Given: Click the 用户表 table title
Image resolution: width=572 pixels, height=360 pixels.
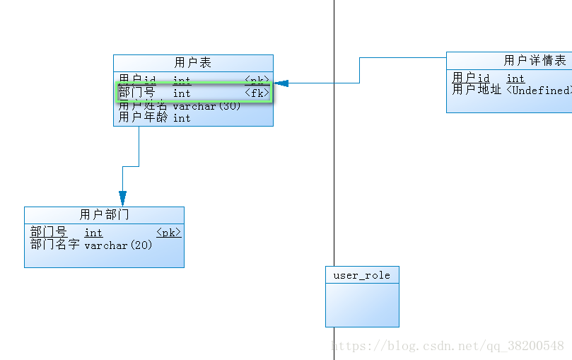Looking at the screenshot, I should (x=193, y=63).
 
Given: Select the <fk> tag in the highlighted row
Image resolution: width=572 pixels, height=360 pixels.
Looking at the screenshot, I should (x=257, y=93).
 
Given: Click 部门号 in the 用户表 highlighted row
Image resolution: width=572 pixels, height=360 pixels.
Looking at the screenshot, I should (x=137, y=93).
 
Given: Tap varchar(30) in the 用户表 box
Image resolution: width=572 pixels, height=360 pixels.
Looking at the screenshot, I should (x=206, y=106).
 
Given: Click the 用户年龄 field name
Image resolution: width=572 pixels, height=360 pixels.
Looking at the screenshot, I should (x=143, y=118).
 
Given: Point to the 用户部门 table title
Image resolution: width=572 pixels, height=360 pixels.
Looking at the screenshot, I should (x=104, y=214).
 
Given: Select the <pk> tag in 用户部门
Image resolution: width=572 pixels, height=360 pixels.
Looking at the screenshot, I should (x=168, y=233).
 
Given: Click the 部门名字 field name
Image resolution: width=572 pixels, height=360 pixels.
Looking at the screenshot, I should (x=54, y=245).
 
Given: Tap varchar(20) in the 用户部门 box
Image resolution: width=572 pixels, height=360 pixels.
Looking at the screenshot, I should (x=118, y=245).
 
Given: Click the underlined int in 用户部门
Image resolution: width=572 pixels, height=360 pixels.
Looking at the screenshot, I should (x=93, y=233).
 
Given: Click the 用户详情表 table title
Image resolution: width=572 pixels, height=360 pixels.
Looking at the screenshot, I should (x=535, y=61).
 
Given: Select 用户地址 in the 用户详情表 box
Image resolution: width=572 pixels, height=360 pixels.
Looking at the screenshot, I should (x=477, y=91).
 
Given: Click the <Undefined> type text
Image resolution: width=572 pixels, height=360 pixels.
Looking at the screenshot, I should (x=539, y=91).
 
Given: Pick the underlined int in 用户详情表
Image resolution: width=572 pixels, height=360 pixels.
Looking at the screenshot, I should (x=515, y=79).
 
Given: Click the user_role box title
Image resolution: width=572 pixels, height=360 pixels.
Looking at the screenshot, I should (x=362, y=275).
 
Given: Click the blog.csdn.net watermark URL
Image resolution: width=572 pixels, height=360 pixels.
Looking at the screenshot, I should (x=448, y=346).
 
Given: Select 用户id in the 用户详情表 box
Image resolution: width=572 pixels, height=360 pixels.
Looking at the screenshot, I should (x=471, y=79).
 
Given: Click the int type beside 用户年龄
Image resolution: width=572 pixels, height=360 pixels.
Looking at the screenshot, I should (x=182, y=118).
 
